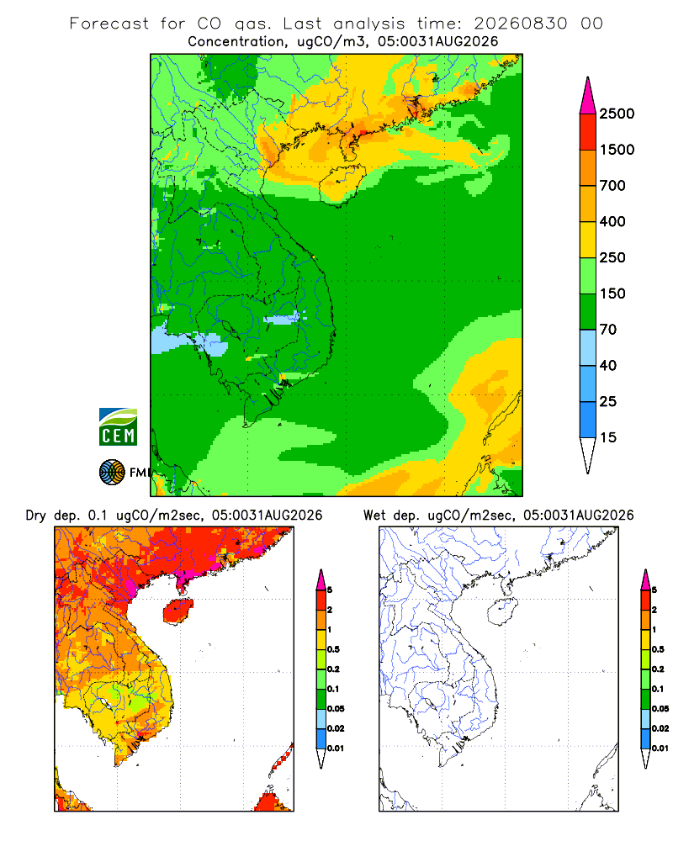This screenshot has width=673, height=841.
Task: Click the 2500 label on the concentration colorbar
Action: pyautogui.click(x=617, y=114)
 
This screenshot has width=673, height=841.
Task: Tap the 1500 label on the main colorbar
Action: pyautogui.click(x=617, y=150)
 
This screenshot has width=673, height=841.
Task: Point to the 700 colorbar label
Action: pyautogui.click(x=612, y=186)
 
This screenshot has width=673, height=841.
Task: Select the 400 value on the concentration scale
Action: pyautogui.click(x=612, y=221)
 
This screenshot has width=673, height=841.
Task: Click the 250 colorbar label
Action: pyautogui.click(x=612, y=257)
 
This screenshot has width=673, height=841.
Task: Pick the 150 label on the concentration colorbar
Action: pyautogui.click(x=612, y=294)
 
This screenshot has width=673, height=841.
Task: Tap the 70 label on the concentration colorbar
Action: pyautogui.click(x=608, y=330)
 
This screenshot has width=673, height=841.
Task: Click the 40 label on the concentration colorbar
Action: pyautogui.click(x=608, y=365)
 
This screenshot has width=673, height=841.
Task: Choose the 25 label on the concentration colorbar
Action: pyautogui.click(x=608, y=401)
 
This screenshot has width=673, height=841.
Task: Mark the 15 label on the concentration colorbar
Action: pyautogui.click(x=608, y=437)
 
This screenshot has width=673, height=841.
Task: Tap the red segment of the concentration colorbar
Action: pyautogui.click(x=588, y=132)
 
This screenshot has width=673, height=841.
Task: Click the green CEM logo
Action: pyautogui.click(x=118, y=427)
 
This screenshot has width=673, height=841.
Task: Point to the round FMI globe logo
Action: pyautogui.click(x=112, y=472)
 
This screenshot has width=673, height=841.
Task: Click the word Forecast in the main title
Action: pyautogui.click(x=109, y=24)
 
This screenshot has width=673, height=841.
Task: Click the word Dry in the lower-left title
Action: pyautogui.click(x=36, y=516)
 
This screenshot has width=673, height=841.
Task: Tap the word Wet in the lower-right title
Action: pyautogui.click(x=374, y=516)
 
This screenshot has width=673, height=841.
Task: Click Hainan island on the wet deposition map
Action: pyautogui.click(x=502, y=612)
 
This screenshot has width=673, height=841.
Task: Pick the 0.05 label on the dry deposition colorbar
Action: pyautogui.click(x=336, y=708)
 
